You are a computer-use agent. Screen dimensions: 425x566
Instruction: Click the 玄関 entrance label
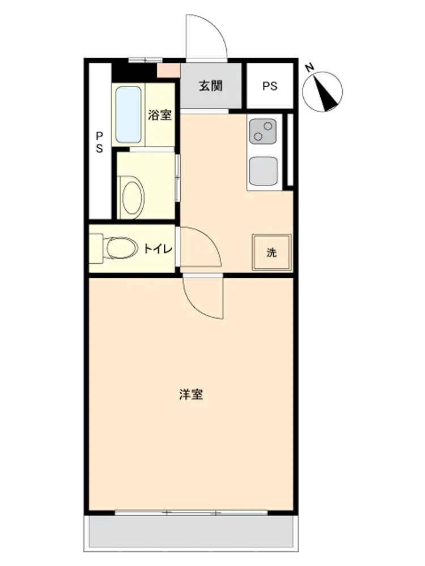[x=211, y=86]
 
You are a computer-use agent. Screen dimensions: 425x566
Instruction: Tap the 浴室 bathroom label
[x=159, y=115]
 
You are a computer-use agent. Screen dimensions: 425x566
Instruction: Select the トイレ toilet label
[x=158, y=248]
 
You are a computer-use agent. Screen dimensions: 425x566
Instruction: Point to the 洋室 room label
[x=191, y=394]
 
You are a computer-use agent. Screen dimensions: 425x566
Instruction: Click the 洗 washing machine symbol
[x=271, y=252]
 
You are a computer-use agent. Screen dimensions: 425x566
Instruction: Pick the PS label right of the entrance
[x=270, y=86]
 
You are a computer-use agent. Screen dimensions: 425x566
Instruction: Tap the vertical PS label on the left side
[x=99, y=142]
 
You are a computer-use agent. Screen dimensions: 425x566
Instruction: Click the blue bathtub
[x=128, y=115]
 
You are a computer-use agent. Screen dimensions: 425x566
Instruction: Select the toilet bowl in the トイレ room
[x=122, y=248]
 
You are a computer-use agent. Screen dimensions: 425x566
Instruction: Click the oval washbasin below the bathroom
[x=132, y=197]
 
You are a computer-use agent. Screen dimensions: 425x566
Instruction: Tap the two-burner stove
[x=263, y=131]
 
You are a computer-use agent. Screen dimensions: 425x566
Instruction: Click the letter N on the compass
[x=309, y=67]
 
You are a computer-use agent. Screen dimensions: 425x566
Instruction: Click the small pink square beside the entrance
[x=168, y=70]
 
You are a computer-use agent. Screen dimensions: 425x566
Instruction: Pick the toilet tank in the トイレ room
[x=96, y=248]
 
